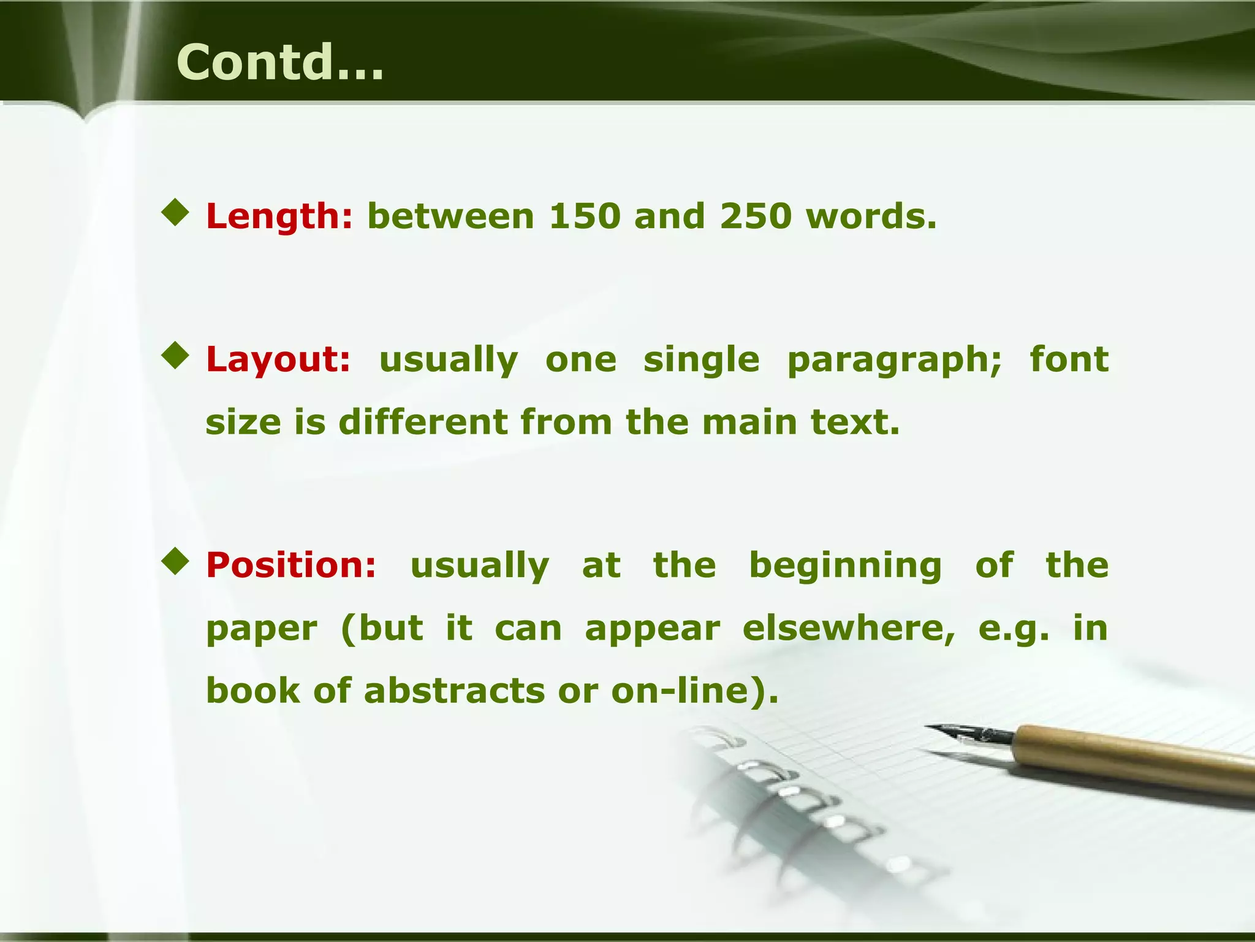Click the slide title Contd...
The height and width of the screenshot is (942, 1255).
(279, 63)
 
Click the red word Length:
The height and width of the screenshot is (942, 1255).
(279, 216)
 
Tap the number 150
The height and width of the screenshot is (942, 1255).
(584, 216)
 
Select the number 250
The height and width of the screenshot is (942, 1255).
(756, 216)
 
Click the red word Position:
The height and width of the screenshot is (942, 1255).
(291, 565)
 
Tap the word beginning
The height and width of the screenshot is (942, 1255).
(846, 566)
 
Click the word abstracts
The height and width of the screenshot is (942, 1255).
(453, 691)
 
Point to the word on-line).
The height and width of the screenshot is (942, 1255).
(695, 691)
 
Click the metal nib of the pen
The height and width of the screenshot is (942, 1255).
(968, 732)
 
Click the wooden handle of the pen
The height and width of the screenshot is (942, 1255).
(1134, 754)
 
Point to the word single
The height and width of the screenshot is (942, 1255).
(701, 359)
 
